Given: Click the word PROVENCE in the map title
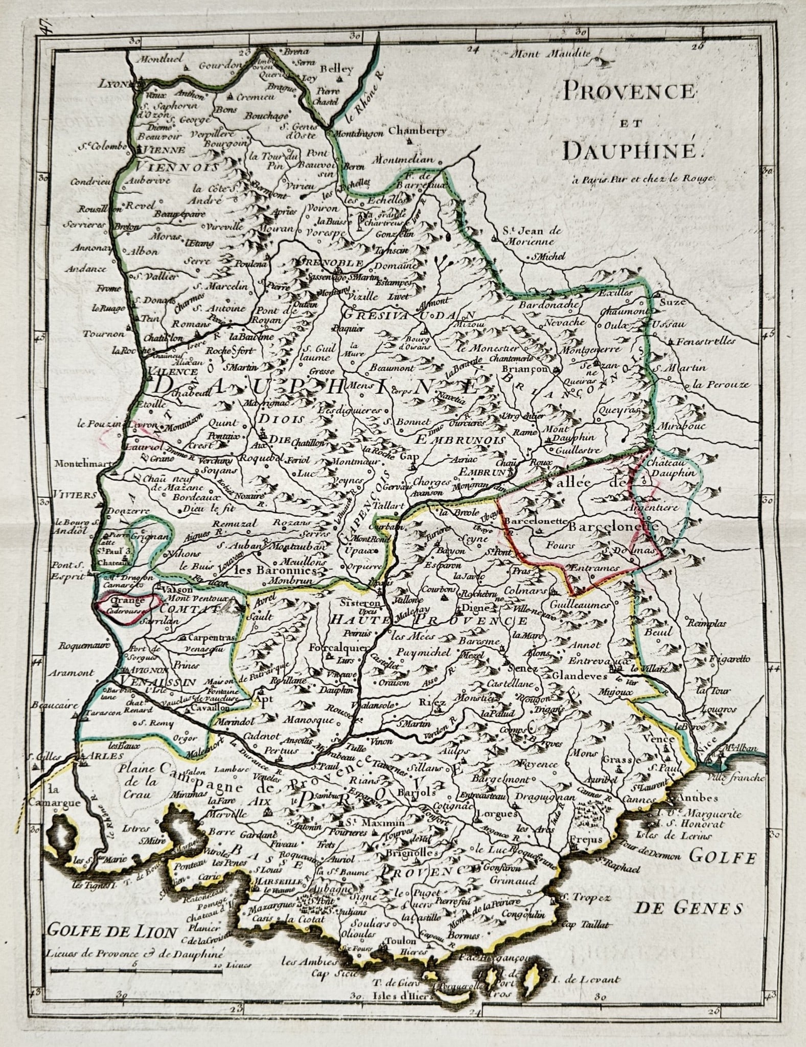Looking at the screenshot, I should point(629,92).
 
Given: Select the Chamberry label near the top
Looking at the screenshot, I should point(417,131).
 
